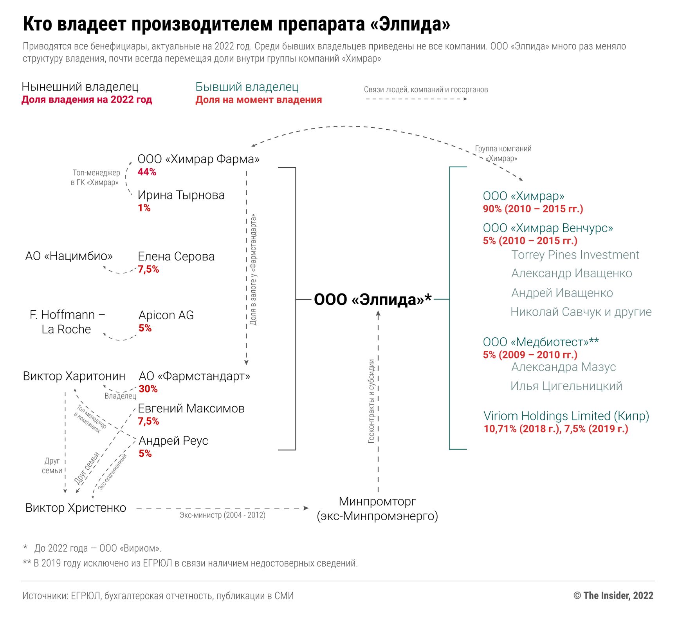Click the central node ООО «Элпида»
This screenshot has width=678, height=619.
tap(372, 299)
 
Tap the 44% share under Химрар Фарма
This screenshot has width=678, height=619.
tap(147, 172)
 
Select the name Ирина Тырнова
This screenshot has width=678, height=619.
tap(181, 195)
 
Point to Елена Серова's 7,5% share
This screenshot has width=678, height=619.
tap(148, 269)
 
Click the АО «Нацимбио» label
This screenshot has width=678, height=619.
tap(69, 256)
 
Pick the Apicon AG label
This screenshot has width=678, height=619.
tap(166, 315)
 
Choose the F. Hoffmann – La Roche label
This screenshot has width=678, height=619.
tap(67, 322)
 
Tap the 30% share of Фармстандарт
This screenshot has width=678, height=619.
tap(148, 389)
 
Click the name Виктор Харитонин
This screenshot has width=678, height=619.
tap(74, 376)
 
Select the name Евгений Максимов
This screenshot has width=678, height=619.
tap(191, 409)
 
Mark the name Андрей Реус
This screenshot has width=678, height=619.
tap(173, 441)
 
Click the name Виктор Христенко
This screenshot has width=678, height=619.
tap(76, 508)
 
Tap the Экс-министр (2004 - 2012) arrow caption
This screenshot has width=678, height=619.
tap(222, 515)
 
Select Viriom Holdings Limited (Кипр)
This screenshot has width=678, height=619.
tap(566, 416)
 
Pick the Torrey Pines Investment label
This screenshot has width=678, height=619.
tap(575, 255)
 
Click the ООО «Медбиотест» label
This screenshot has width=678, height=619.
tap(541, 342)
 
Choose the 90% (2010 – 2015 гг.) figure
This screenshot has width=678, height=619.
tap(533, 209)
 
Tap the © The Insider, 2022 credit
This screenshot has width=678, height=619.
tap(613, 595)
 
